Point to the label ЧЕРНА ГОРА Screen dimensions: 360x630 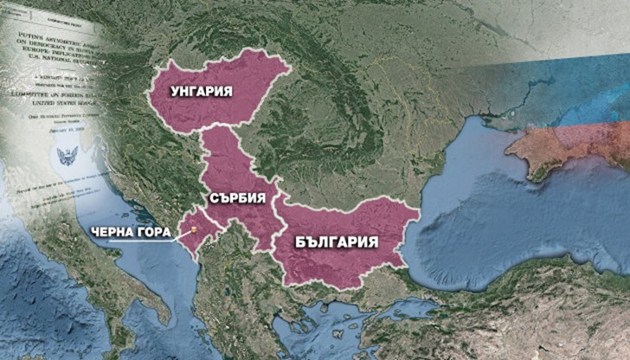pos(133,231)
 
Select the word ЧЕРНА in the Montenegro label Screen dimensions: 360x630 pos(114,231)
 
